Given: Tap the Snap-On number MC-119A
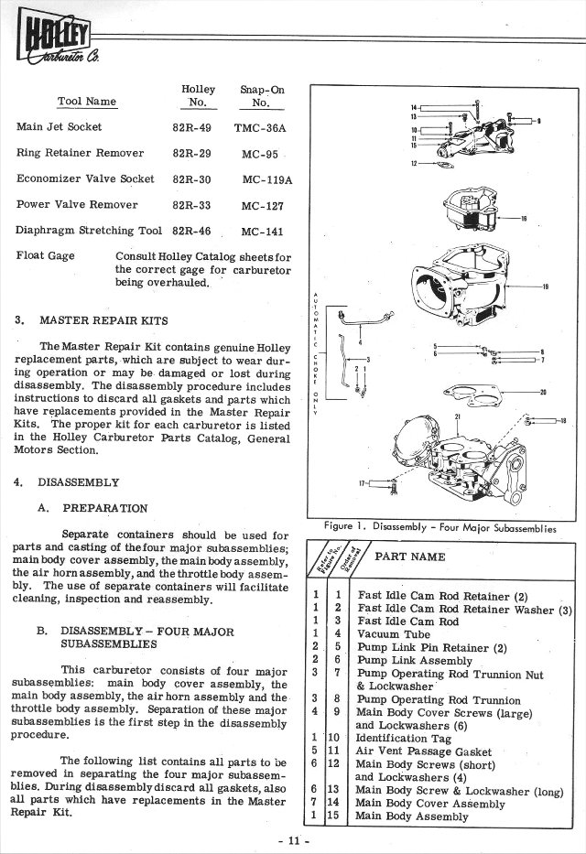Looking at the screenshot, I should pyautogui.click(x=267, y=179).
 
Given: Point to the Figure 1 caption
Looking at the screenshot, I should pyautogui.click(x=439, y=527).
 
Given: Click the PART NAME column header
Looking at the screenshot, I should pyautogui.click(x=410, y=557).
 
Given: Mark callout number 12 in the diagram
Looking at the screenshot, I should pyautogui.click(x=414, y=164).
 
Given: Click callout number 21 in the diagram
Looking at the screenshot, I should pyautogui.click(x=456, y=416).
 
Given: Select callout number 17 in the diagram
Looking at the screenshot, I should pyautogui.click(x=363, y=482).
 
